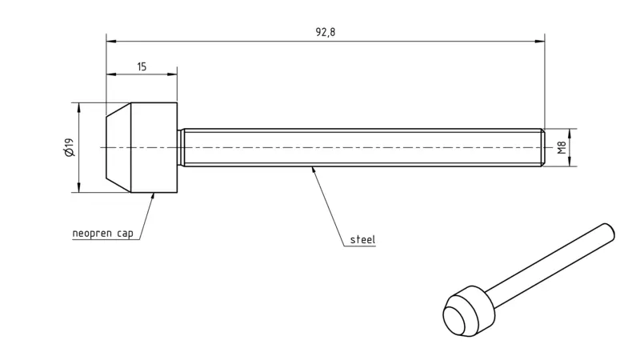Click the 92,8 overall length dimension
click(x=326, y=32)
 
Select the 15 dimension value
click(x=142, y=67)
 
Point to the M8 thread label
click(x=562, y=147)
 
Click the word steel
click(x=362, y=239)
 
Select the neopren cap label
click(x=103, y=234)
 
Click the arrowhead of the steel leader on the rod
click(x=314, y=170)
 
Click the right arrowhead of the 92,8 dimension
click(x=539, y=42)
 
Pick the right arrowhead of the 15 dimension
click(x=172, y=74)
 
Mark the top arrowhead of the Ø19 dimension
click(x=78, y=108)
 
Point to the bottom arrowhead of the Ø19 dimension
click(x=78, y=187)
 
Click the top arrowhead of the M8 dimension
click(x=570, y=134)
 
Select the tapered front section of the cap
click(x=118, y=147)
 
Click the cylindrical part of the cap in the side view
click(x=154, y=147)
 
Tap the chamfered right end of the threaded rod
click(x=543, y=147)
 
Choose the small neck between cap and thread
click(x=180, y=147)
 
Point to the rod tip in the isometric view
click(x=609, y=231)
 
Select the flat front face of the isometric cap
click(x=454, y=319)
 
